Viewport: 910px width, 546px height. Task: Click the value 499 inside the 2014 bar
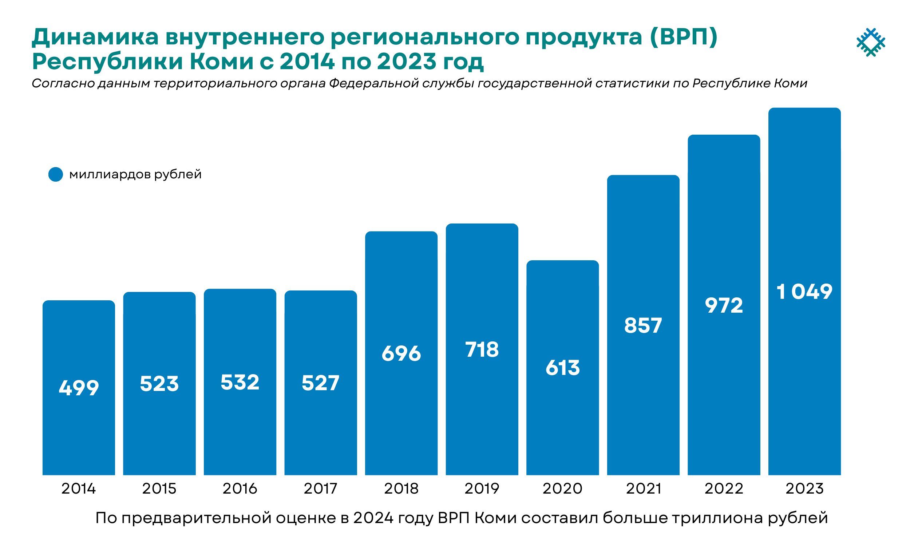coord(79,388)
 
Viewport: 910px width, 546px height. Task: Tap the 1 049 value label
coord(804,292)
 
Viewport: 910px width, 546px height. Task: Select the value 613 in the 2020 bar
coord(562,368)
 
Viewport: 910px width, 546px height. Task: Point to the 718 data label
coord(482,349)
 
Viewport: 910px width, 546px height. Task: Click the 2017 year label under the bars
coord(320,488)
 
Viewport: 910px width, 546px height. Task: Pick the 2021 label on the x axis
coord(643,488)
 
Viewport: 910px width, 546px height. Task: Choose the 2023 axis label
coord(804,488)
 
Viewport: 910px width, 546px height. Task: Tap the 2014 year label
coord(78,488)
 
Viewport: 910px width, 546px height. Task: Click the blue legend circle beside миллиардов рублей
coord(56,174)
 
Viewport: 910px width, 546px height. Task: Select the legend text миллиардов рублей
coord(135,174)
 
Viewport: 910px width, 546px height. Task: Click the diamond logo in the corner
coord(870,42)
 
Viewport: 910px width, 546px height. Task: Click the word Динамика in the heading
coord(95,37)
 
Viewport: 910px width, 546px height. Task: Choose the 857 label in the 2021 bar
coord(643,326)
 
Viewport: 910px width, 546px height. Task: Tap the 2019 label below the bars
coord(482,488)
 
